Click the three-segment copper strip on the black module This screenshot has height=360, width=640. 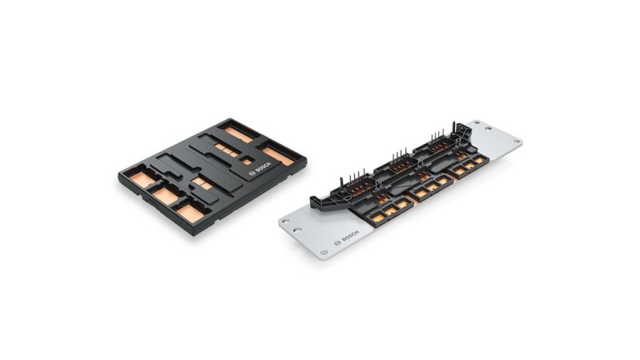tap(225, 150)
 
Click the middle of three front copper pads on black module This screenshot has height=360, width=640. tap(166, 195)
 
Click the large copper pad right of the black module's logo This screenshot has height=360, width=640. tap(277, 156)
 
